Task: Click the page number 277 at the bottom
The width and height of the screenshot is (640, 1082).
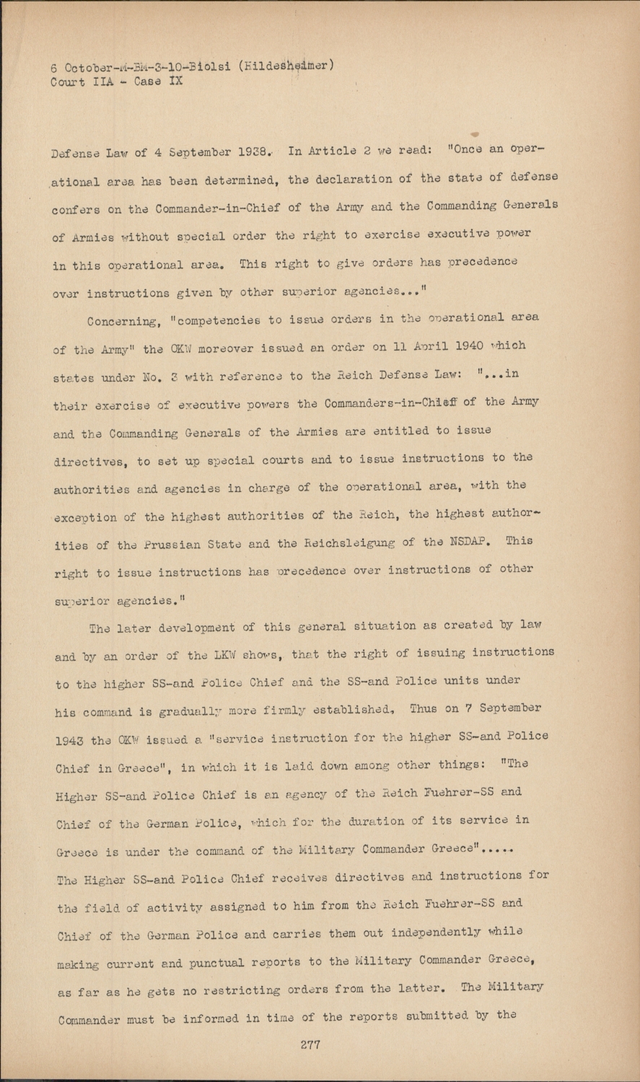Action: (310, 1044)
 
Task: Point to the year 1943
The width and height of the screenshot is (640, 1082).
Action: (72, 740)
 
